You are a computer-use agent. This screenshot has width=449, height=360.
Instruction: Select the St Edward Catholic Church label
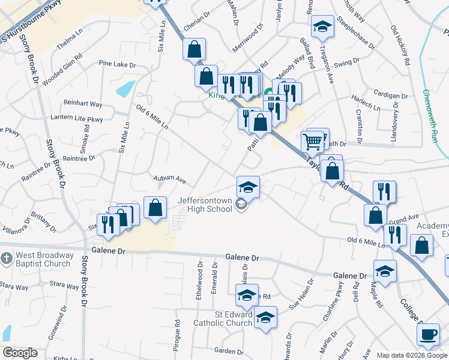tap(223, 319)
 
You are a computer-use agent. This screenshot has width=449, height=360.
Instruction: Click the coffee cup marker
tap(428, 334)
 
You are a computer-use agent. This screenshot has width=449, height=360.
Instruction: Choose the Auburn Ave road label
tap(170, 179)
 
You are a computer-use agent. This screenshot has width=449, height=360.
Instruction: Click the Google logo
tap(20, 353)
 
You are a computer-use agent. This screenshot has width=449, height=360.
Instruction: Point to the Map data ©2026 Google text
tap(412, 355)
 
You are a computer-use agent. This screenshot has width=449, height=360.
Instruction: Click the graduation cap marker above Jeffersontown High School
tap(248, 186)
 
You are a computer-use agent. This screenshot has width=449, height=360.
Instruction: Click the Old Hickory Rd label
tap(400, 46)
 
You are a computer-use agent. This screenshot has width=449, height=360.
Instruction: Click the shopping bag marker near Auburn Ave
tap(155, 208)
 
